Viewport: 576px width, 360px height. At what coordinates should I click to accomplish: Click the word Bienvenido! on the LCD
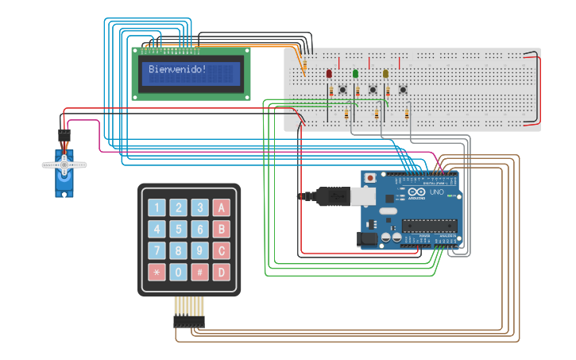click(x=177, y=69)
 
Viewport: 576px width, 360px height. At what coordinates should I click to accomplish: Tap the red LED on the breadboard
click(x=329, y=74)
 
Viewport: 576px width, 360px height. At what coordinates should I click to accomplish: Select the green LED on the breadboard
click(x=355, y=74)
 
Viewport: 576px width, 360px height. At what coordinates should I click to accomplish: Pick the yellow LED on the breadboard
click(x=385, y=74)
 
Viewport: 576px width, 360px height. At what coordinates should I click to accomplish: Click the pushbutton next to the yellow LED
click(x=403, y=89)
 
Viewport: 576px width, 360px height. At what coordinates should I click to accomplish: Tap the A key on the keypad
click(x=222, y=208)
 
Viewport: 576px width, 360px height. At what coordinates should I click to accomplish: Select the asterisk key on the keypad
click(x=157, y=273)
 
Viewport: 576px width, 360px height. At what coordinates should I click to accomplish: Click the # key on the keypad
click(x=200, y=273)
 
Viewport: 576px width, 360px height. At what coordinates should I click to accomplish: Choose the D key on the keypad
click(x=222, y=273)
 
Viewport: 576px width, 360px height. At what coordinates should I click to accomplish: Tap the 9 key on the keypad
click(x=200, y=251)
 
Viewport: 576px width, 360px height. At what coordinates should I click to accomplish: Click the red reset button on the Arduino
click(x=370, y=177)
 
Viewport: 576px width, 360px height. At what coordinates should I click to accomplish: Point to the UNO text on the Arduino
click(x=437, y=192)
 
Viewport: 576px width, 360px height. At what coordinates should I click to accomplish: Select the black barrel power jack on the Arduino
click(x=368, y=238)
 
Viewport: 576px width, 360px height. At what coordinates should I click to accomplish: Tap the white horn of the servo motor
click(x=64, y=165)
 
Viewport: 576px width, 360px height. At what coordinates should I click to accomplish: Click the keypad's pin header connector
click(x=189, y=321)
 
